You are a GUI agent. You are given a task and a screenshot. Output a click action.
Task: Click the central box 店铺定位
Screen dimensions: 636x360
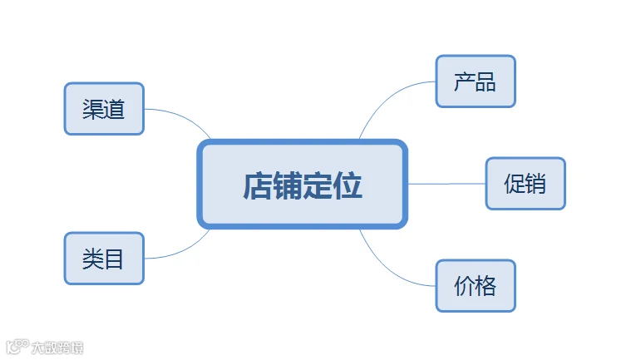[302, 184]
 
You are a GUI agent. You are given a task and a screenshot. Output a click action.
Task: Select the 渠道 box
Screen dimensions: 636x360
[104, 109]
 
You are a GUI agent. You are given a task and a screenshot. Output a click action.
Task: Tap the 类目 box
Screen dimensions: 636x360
[104, 259]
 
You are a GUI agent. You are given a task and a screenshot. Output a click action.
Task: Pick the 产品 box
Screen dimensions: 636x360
[476, 81]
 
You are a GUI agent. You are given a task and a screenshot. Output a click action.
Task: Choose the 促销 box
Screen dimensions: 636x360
[525, 184]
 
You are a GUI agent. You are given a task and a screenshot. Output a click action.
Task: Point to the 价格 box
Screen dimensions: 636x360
[476, 286]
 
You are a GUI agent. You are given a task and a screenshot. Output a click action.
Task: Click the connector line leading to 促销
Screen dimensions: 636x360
[446, 184]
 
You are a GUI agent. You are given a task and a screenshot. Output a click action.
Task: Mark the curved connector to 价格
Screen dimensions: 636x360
[388, 269]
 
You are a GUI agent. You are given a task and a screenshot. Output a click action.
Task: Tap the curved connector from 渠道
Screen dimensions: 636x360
[184, 117]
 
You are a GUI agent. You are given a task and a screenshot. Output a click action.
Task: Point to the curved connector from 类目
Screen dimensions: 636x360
[184, 249]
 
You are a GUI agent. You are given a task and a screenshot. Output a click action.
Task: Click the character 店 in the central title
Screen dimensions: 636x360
[257, 185]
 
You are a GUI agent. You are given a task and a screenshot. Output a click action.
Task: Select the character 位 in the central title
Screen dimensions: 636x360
[348, 185]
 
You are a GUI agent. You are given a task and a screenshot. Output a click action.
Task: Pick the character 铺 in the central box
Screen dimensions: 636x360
[287, 185]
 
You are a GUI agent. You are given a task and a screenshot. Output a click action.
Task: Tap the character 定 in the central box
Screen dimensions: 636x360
[318, 185]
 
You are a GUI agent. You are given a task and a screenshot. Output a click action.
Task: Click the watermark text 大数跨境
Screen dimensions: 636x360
[57, 348]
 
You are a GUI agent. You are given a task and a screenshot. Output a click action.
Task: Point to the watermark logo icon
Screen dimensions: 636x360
[17, 347]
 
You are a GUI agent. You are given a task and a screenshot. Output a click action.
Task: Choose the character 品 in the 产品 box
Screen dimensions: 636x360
[486, 81]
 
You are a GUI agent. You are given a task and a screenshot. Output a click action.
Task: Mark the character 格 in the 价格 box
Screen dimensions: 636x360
[486, 286]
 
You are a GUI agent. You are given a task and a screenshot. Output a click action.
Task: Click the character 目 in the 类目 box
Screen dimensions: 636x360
[114, 259]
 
